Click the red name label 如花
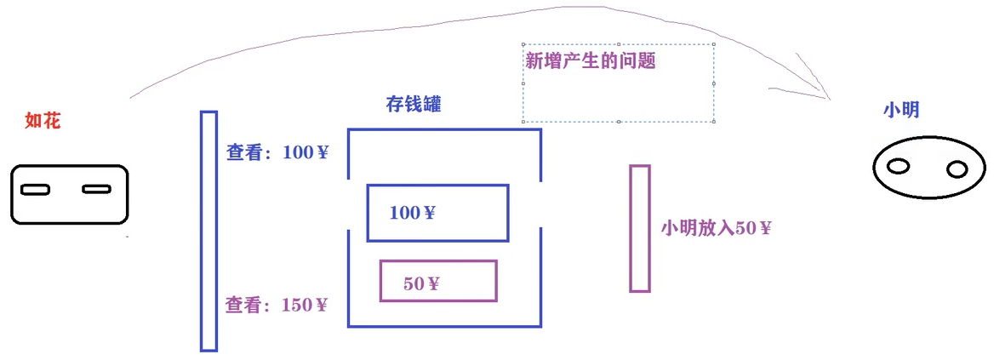click(43, 121)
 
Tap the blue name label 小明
click(901, 110)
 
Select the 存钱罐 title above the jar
click(414, 105)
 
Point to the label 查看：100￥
click(277, 153)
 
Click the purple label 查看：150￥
click(277, 305)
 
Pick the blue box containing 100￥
click(437, 213)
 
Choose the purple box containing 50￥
click(438, 281)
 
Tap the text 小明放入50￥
click(716, 228)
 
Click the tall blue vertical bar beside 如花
click(209, 231)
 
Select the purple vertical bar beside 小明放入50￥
click(640, 228)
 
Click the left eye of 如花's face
click(35, 189)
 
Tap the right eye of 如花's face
click(96, 189)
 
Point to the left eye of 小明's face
click(898, 166)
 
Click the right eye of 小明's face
click(957, 169)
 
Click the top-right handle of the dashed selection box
click(713, 45)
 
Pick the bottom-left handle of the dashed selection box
click(523, 122)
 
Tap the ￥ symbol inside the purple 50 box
click(433, 283)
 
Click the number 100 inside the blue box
click(404, 213)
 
